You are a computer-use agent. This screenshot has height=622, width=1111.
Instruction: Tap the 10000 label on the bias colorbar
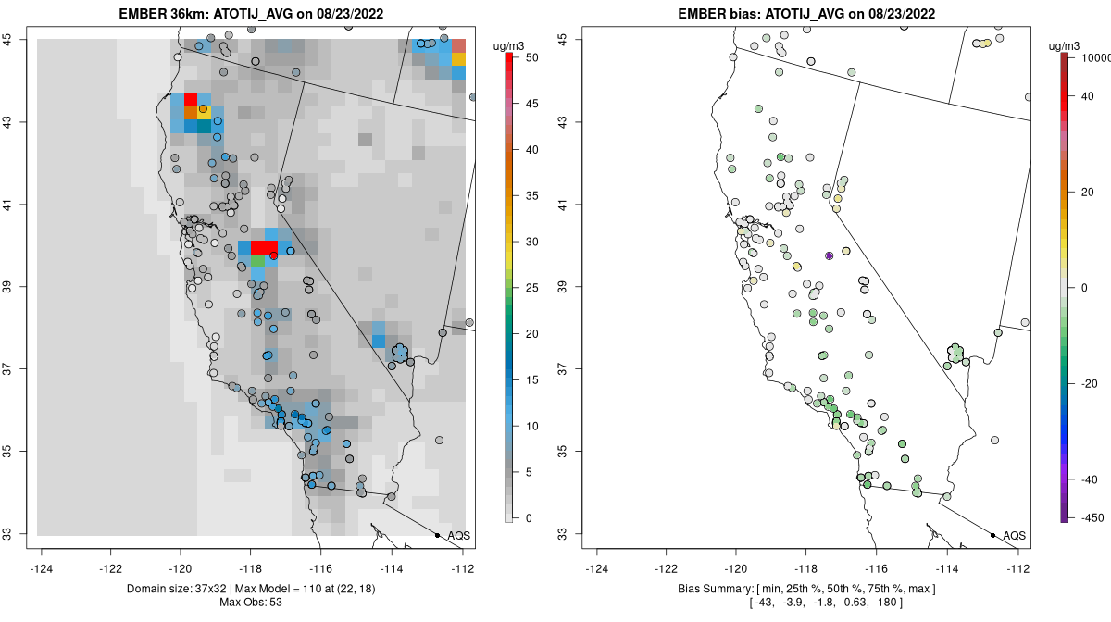pyautogui.click(x=1093, y=57)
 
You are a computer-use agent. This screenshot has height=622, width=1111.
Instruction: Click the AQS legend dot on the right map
pyautogui.click(x=992, y=535)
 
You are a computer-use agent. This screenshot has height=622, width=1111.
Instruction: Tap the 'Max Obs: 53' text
pyautogui.click(x=251, y=603)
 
